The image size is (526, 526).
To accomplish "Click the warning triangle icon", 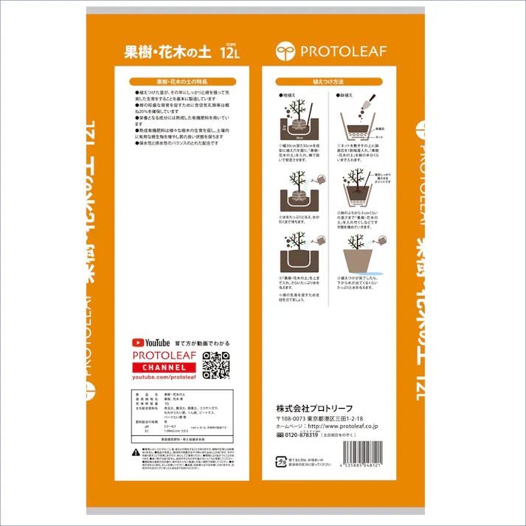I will pos(134,449).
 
